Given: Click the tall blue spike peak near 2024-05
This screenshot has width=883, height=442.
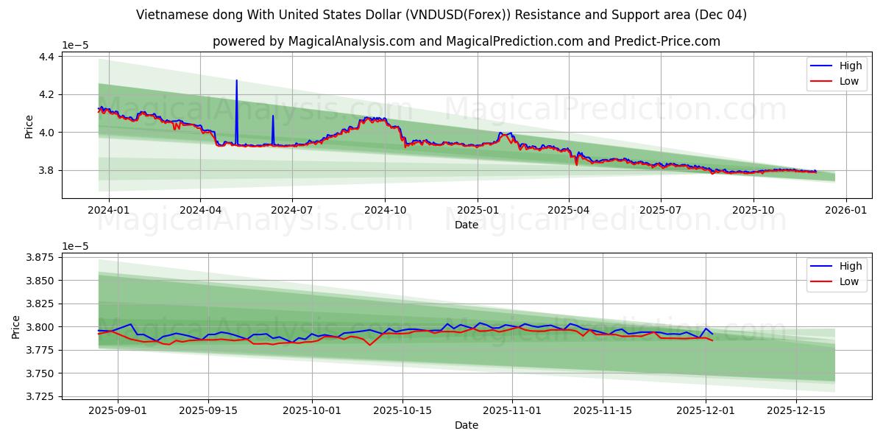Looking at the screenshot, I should tap(236, 80).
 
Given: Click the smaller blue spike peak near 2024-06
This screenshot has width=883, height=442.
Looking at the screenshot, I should tap(272, 116).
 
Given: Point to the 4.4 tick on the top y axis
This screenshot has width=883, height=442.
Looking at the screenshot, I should tap(46, 57).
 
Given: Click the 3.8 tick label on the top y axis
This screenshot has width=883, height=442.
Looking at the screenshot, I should tap(46, 171).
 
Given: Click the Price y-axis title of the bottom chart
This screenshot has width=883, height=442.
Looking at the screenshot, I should tap(17, 326).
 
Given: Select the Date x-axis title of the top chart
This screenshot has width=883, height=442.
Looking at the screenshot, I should tap(467, 225).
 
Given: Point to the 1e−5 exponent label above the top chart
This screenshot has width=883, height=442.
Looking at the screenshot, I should tap(75, 46).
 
